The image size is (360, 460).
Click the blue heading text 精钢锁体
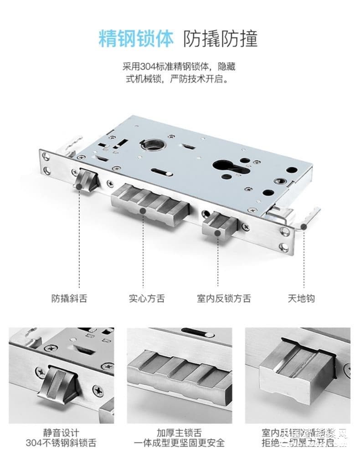(x=136, y=39)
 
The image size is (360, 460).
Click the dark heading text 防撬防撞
(x=221, y=39)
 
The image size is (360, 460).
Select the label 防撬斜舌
(x=69, y=298)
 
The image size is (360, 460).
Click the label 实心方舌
(x=147, y=298)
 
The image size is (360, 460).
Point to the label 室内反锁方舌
(x=224, y=298)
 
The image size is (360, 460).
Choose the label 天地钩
(x=301, y=298)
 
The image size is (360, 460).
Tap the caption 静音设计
(x=61, y=432)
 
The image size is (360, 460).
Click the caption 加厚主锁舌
(x=179, y=432)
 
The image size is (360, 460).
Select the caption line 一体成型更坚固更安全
(x=179, y=443)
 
